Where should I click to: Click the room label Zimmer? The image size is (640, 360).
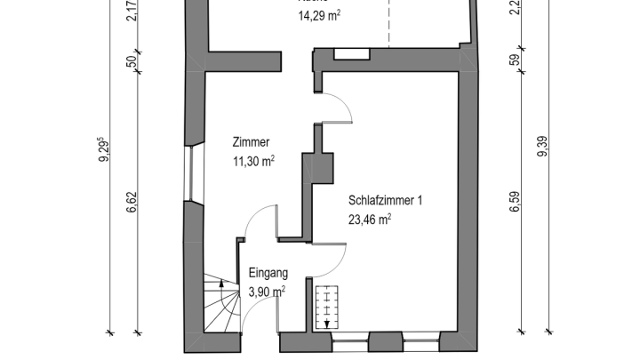click(251, 142)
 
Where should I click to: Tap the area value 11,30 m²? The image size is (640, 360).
click(252, 161)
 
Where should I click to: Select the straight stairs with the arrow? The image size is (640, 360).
click(328, 306)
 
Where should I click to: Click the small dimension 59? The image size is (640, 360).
click(514, 61)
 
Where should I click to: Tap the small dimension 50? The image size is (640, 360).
click(132, 61)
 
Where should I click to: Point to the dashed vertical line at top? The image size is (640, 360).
click(388, 22)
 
